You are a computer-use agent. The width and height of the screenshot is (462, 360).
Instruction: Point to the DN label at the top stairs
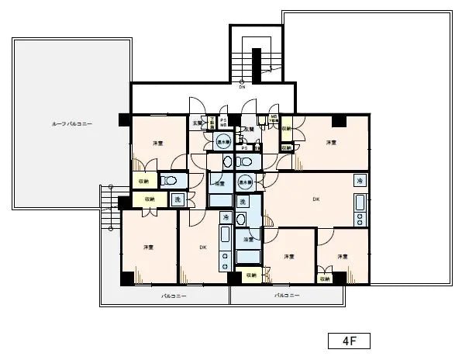pyautogui.click(x=241, y=88)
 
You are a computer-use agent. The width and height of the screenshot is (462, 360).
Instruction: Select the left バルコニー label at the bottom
pyautogui.click(x=173, y=296)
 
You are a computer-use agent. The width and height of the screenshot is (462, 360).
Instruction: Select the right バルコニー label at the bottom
pyautogui.click(x=287, y=296)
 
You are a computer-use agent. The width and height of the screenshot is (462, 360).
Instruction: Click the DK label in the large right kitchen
pyautogui.click(x=315, y=199)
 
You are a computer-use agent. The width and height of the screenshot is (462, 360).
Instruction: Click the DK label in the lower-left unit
pyautogui.click(x=202, y=247)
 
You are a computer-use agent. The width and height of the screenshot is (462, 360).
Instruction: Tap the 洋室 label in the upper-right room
pyautogui.click(x=331, y=143)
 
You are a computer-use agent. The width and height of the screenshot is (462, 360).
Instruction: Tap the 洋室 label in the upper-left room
pyautogui.click(x=157, y=144)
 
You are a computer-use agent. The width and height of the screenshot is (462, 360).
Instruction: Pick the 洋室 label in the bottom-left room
pyautogui.click(x=147, y=247)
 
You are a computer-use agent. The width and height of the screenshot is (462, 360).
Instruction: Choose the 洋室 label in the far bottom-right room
pyautogui.click(x=342, y=255)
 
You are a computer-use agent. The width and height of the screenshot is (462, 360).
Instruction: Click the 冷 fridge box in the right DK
pyautogui.click(x=360, y=181)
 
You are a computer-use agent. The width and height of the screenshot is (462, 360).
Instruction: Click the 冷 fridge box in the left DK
pyautogui.click(x=226, y=217)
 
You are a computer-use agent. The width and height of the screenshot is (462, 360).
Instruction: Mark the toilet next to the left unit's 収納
pyautogui.click(x=172, y=181)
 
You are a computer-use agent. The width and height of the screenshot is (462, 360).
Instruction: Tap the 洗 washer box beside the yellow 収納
pyautogui.click(x=178, y=199)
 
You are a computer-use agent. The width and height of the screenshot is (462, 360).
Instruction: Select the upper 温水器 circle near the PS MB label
pyautogui.click(x=222, y=143)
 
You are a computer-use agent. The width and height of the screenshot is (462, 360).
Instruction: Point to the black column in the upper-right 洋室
pyautogui.click(x=338, y=121)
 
